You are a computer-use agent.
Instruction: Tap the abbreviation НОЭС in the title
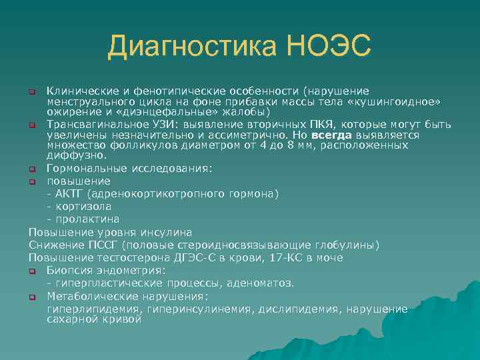click(329, 47)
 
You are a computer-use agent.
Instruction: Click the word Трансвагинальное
click(95, 124)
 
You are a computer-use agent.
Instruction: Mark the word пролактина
click(87, 219)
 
